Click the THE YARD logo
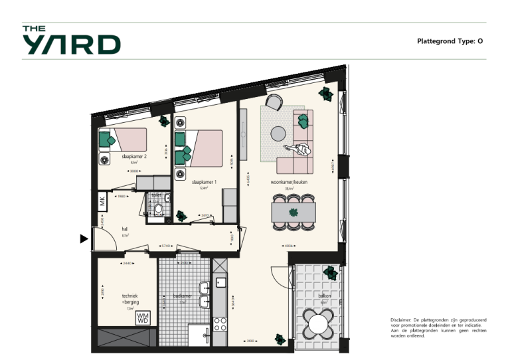coord(71,41)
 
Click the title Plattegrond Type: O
coord(450,41)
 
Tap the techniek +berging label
coord(129,300)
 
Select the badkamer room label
coord(183,296)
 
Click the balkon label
coord(325,297)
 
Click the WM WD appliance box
coord(143,317)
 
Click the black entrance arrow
coord(84,238)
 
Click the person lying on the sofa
coord(299,149)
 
